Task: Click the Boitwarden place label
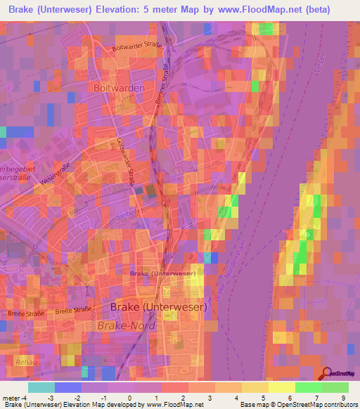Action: pos(119,89)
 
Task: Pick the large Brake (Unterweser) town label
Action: pos(158,307)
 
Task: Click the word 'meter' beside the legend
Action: pos(11,398)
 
